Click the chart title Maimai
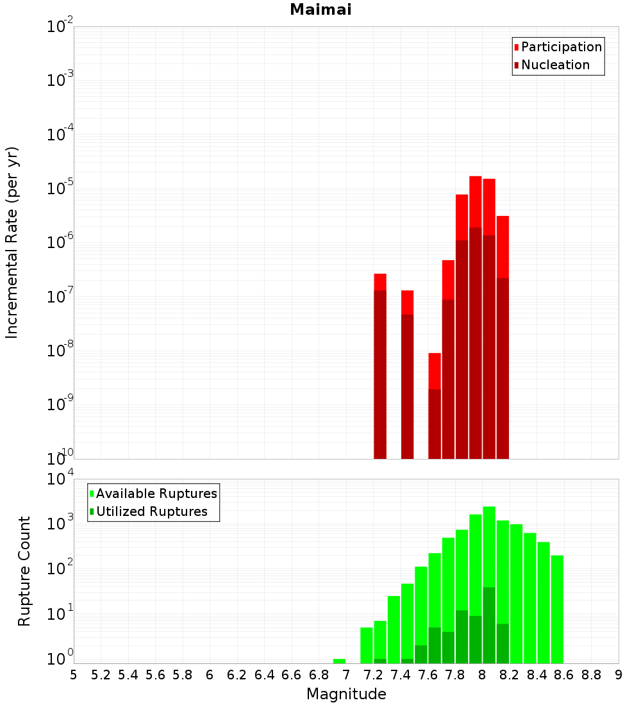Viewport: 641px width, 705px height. [x=320, y=10]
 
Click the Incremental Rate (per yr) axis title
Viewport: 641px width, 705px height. [x=12, y=242]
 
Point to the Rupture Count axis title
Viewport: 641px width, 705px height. [x=24, y=571]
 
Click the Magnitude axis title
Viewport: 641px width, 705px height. [x=346, y=694]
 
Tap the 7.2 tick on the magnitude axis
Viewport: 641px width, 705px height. [x=373, y=674]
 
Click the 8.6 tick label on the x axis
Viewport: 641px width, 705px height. [x=564, y=674]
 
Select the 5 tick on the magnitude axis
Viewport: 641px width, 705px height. [x=74, y=674]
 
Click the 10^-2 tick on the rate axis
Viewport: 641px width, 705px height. [x=60, y=27]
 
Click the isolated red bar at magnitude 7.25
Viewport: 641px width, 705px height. [x=380, y=365]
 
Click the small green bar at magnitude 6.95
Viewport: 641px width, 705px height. [x=339, y=661]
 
